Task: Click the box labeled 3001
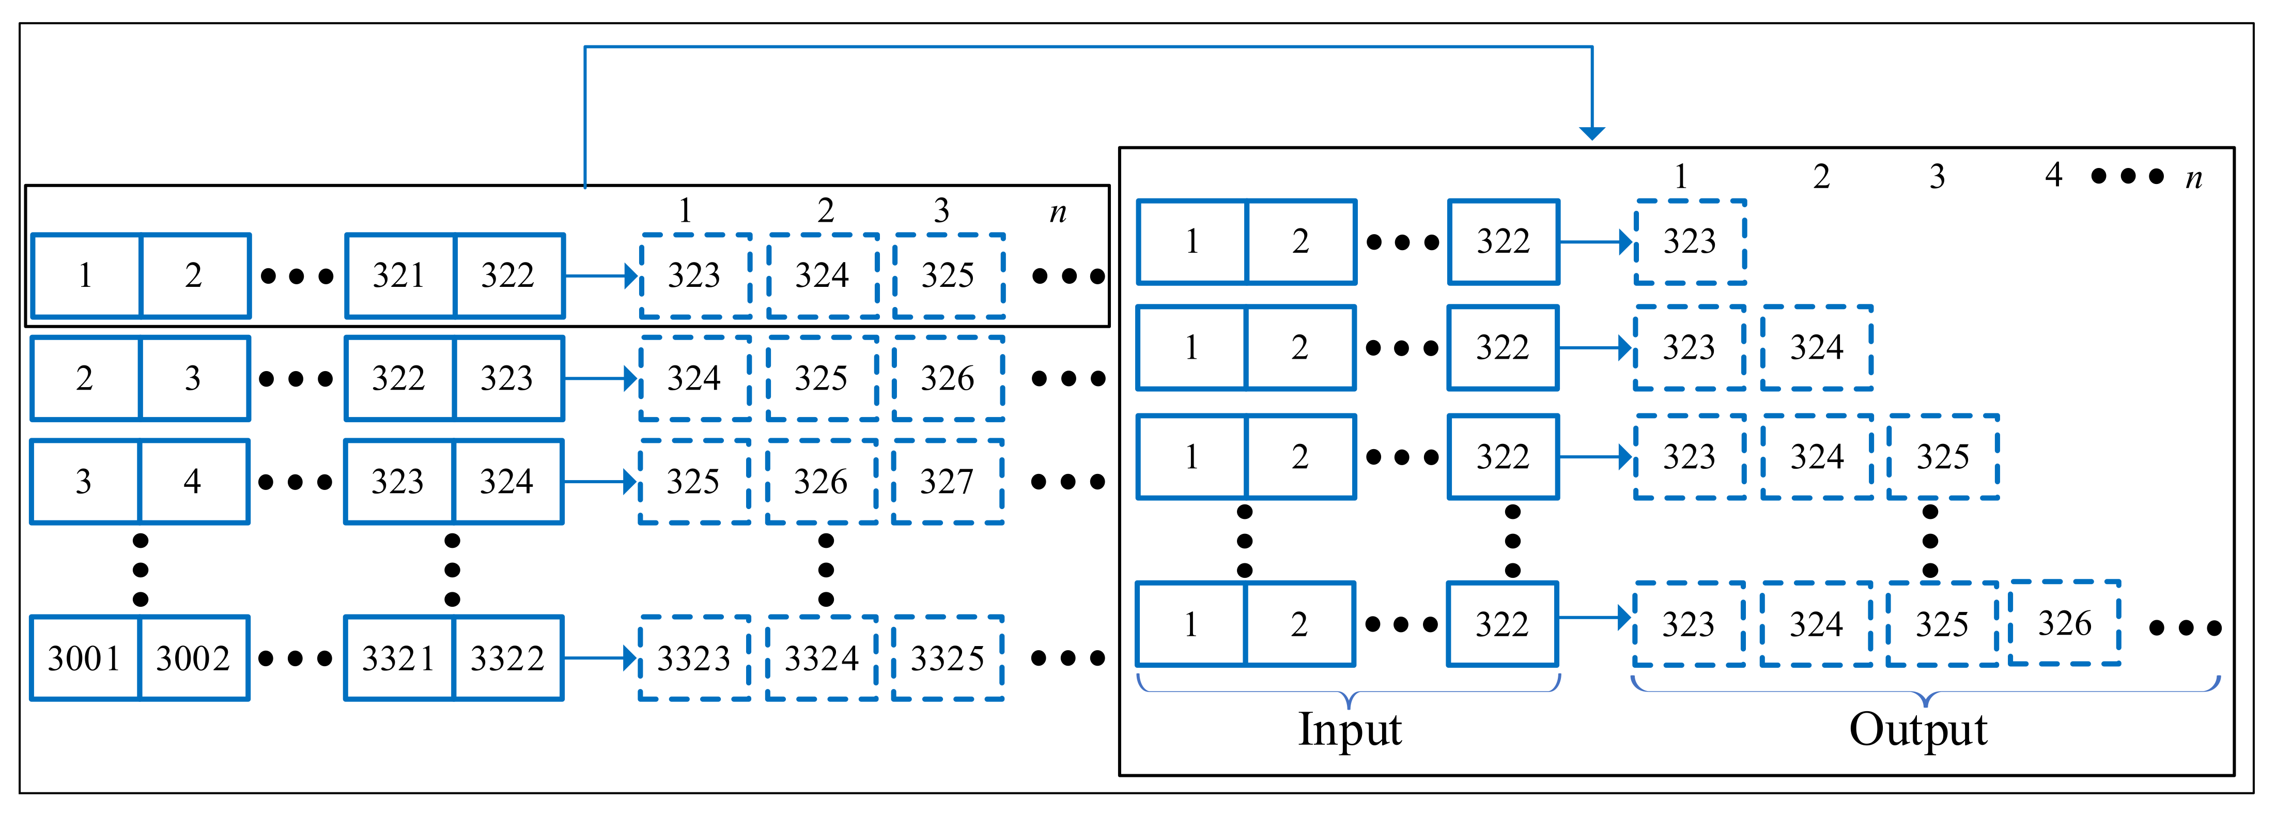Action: (x=85, y=658)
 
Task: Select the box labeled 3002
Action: (x=193, y=658)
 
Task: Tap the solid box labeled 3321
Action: (x=398, y=658)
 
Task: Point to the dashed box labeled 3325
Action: (x=947, y=658)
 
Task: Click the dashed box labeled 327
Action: (x=947, y=482)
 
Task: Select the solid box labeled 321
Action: (x=399, y=275)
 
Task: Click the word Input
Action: (x=1349, y=730)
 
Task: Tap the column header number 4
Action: (x=2053, y=175)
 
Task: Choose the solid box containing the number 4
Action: (x=193, y=482)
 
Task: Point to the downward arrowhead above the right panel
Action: (x=1592, y=132)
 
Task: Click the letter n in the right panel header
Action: (x=2194, y=178)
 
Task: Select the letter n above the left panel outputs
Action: (x=1058, y=212)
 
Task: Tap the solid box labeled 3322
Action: (x=507, y=658)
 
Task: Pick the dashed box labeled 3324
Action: (x=821, y=658)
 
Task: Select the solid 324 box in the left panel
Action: (x=507, y=482)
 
